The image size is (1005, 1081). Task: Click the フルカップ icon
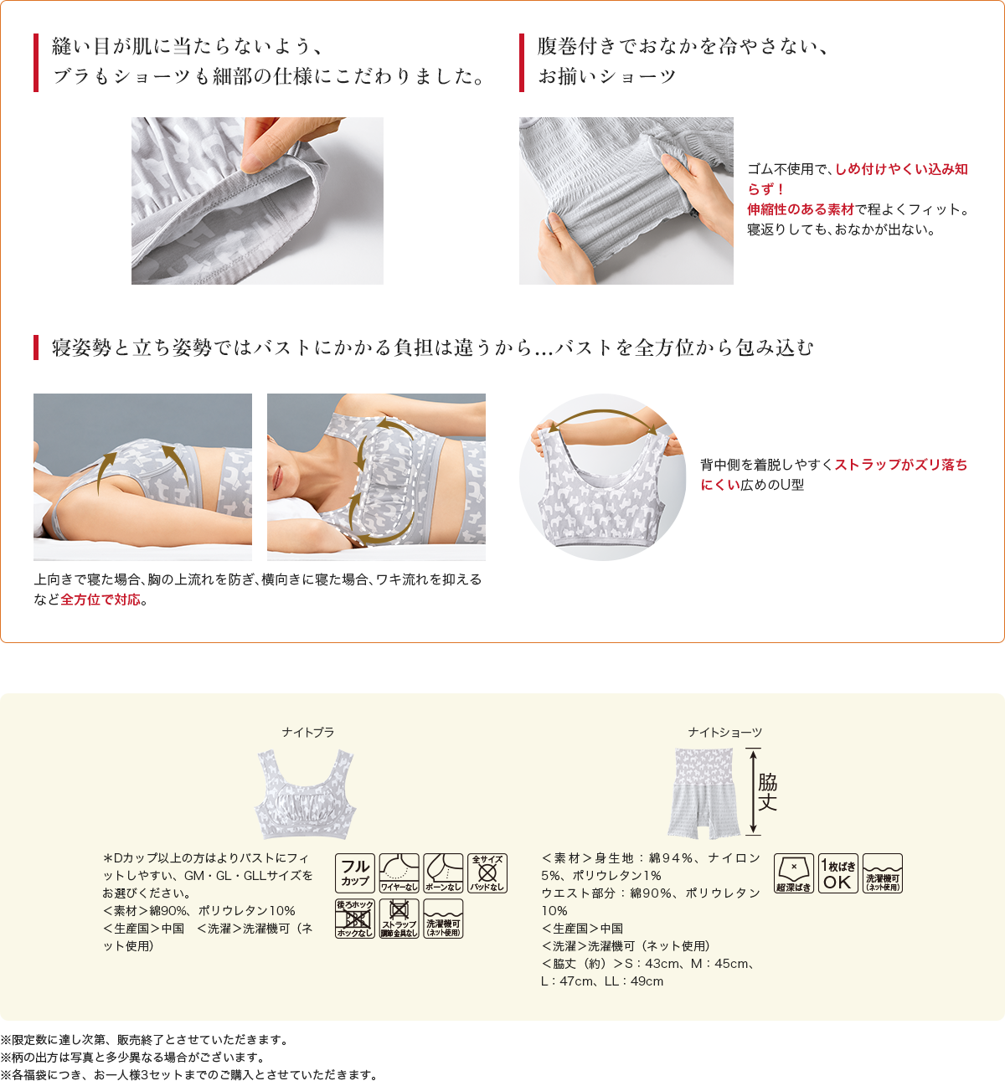(354, 873)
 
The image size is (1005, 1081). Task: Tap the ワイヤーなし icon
(399, 873)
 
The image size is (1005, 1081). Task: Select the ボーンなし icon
(443, 873)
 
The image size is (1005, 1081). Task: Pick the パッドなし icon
(487, 873)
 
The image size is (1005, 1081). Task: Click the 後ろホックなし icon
(354, 919)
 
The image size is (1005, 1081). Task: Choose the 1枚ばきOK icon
(837, 873)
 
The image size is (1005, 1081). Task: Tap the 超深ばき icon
(793, 873)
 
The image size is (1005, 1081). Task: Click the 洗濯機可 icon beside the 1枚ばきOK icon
(883, 873)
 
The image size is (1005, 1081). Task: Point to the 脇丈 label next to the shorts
(768, 792)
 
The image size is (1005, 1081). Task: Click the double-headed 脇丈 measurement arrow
(753, 792)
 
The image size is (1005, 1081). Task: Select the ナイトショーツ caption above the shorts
(724, 733)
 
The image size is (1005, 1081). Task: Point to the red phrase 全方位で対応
(100, 600)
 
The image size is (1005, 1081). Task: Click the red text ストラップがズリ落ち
(900, 465)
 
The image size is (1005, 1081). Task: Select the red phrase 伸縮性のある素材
(800, 209)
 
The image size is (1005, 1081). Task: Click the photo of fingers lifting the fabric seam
(257, 201)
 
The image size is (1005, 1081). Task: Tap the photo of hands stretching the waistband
(626, 201)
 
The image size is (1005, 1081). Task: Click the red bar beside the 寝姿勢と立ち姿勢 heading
(36, 347)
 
